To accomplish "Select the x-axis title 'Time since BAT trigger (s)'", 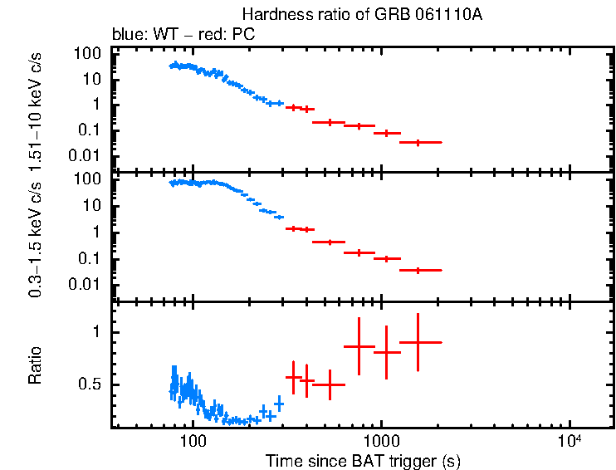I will tap(363, 460).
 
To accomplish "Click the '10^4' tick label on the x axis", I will tap(569, 440).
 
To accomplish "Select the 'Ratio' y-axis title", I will tap(36, 365).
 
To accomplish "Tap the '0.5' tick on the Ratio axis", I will tap(89, 384).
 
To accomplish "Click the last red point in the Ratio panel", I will tap(418, 342).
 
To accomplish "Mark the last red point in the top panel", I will tap(418, 142).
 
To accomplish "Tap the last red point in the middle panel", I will tap(418, 270).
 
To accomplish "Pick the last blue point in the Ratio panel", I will tap(279, 404).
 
